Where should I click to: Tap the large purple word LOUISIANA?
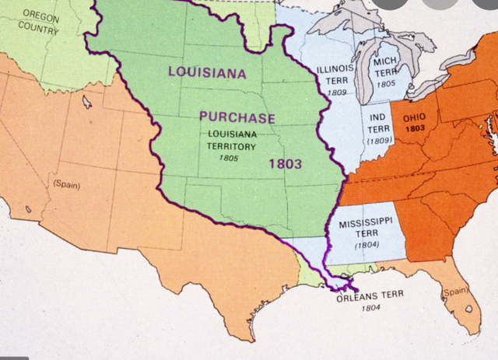[207, 73]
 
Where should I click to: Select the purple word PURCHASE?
[237, 118]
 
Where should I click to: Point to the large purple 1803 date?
[285, 164]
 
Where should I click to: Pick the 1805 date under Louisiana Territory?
[229, 158]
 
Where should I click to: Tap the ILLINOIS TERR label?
[335, 74]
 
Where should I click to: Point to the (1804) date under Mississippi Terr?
[366, 246]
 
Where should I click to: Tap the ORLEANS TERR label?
[370, 298]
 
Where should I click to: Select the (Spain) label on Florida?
[454, 292]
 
